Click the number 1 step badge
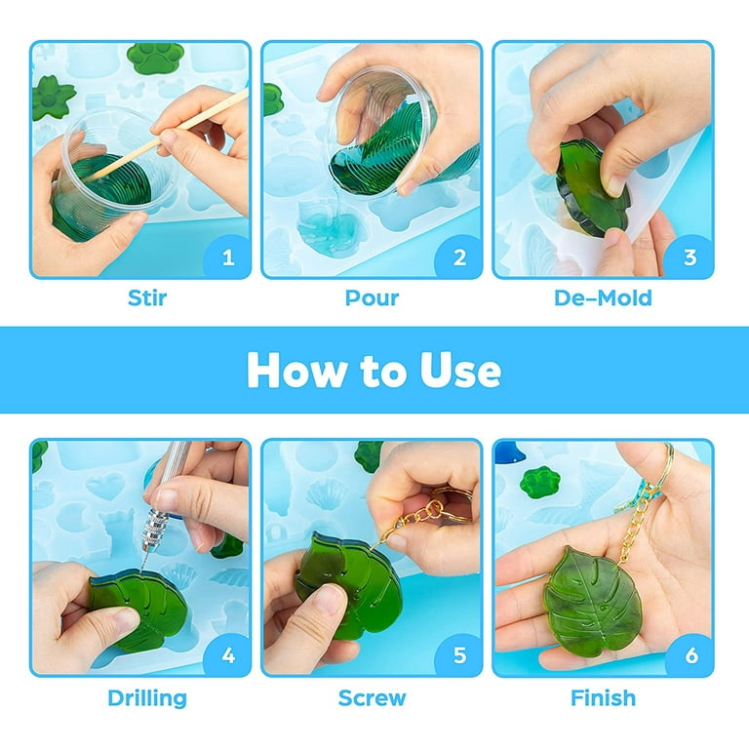tap(228, 257)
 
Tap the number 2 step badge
tap(459, 257)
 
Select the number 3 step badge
tap(690, 257)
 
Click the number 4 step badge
tap(228, 655)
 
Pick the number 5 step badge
tap(459, 655)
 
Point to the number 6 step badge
tap(690, 655)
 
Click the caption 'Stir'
tap(147, 297)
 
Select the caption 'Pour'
tap(372, 297)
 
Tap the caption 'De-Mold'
tap(602, 297)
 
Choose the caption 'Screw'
tap(372, 697)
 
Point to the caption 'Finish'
tap(602, 697)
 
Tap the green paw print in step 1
tap(156, 59)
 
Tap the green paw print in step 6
tap(539, 481)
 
